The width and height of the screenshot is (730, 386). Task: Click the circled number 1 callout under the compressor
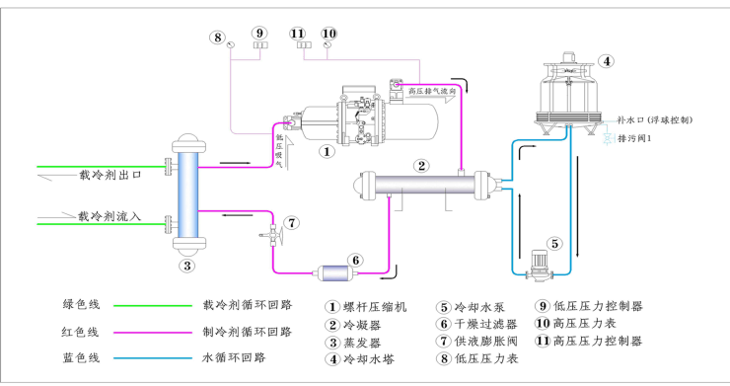pos(328,152)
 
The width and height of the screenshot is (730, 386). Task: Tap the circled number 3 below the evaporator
pos(185,264)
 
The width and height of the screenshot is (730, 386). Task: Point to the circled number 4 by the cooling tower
pos(607,61)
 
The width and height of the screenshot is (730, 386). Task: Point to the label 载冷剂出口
pos(110,175)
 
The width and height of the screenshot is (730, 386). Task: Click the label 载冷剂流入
pos(110,215)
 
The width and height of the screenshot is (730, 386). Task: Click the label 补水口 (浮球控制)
pos(653,119)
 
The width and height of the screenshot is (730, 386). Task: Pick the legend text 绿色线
pos(80,305)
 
